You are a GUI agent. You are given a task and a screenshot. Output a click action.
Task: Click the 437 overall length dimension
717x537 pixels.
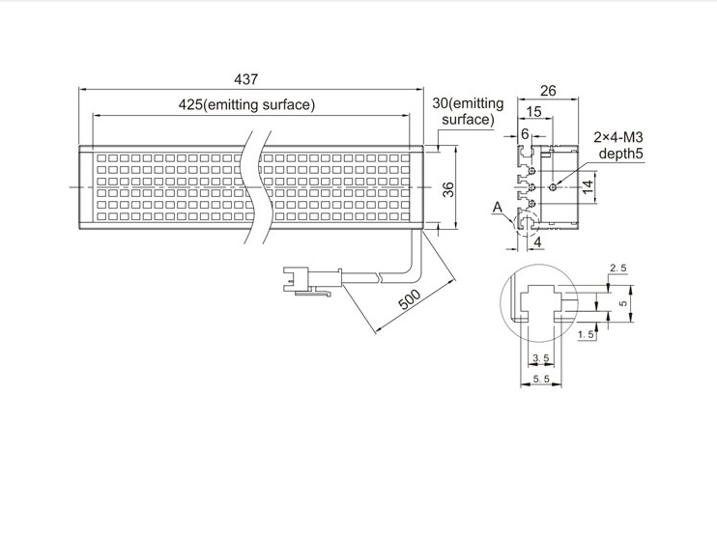246,79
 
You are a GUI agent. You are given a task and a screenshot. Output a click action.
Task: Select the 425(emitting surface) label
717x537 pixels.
246,104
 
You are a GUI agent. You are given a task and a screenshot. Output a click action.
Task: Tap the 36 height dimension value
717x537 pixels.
449,189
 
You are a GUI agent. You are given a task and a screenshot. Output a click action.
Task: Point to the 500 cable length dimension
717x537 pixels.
410,299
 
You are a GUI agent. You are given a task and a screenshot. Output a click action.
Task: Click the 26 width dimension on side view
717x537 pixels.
548,91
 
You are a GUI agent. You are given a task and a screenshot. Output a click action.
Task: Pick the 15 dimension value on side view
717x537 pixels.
533,111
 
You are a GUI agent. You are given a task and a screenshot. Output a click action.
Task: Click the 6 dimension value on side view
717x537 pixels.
525,133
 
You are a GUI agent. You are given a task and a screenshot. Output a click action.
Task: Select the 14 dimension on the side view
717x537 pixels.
588,186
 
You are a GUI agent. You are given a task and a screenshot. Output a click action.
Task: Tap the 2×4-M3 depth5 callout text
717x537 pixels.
618,145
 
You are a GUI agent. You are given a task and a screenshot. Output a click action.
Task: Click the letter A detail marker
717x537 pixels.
498,208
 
